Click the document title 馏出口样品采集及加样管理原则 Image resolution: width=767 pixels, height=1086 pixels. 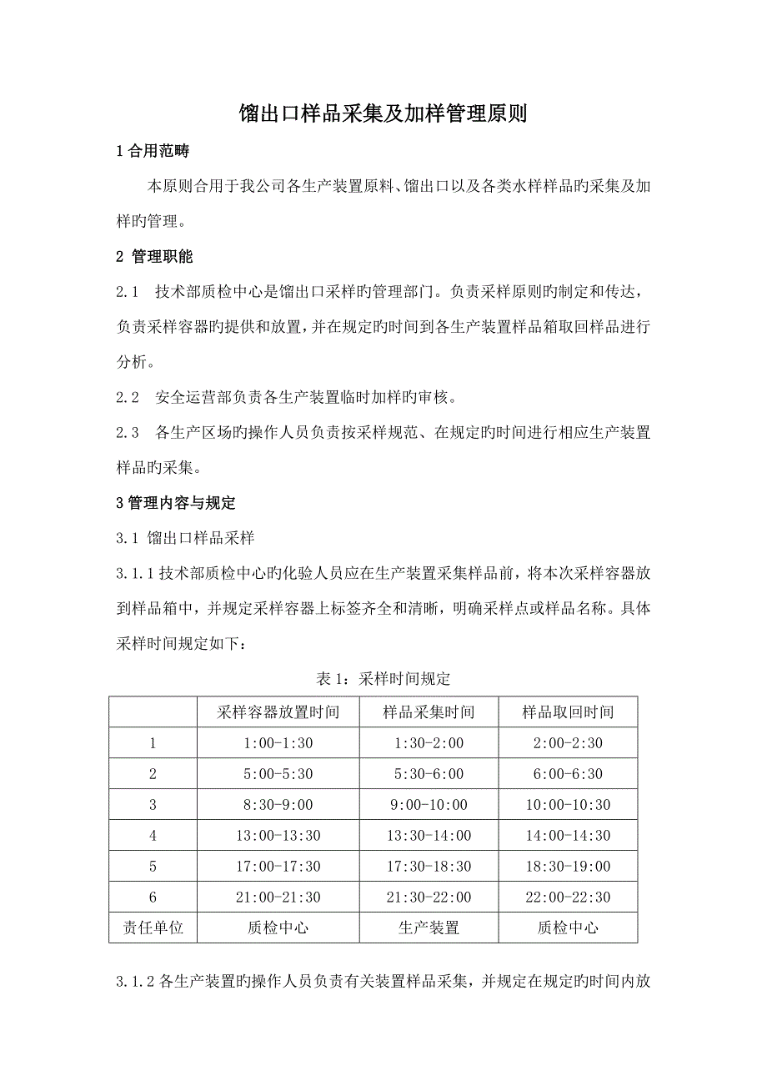point(383,114)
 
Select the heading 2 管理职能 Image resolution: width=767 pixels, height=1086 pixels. point(155,256)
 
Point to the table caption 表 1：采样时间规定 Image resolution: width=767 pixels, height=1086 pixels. point(383,679)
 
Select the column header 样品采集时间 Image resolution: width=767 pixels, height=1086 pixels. point(429,712)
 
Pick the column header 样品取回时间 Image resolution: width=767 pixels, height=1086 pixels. point(568,712)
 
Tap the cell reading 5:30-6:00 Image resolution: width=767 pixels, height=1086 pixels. point(429,774)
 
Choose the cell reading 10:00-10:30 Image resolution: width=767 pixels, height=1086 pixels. point(568,805)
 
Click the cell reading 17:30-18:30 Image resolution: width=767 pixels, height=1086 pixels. point(429,867)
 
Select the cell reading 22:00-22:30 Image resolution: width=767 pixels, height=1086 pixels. point(568,897)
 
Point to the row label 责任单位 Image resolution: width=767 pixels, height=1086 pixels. point(153,928)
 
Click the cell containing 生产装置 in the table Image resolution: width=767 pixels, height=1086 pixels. point(429,928)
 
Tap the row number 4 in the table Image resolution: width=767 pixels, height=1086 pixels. point(153,836)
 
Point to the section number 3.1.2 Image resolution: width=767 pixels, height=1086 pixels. point(134,983)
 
